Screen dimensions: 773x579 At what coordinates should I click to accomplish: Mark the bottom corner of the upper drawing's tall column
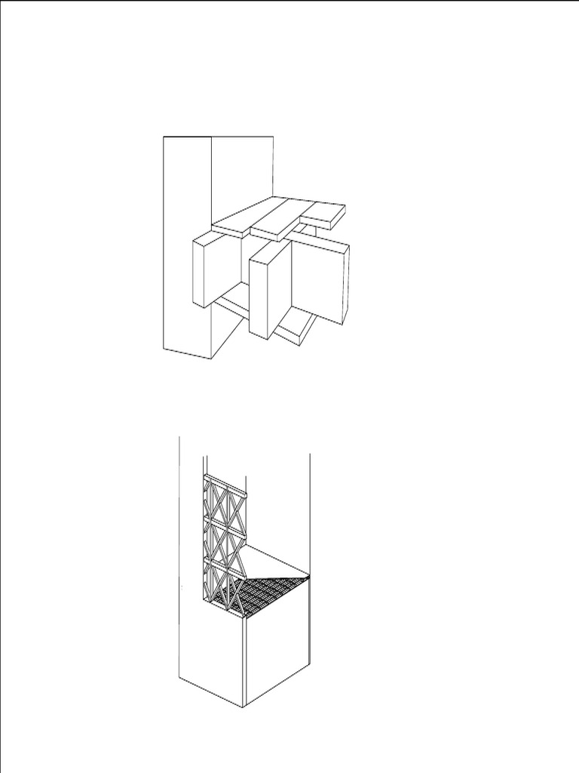[x=211, y=359]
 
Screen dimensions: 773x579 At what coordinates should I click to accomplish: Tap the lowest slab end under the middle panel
[x=296, y=332]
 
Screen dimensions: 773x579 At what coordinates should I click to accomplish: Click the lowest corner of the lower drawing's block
[x=243, y=707]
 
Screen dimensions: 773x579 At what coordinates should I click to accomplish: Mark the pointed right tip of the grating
[x=309, y=577]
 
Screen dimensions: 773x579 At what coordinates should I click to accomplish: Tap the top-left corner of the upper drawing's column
[x=164, y=137]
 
